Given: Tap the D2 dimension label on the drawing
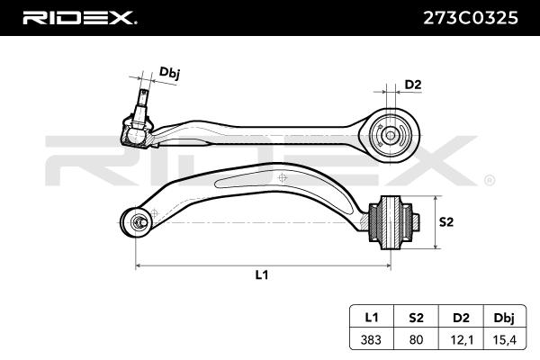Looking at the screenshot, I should (412, 85).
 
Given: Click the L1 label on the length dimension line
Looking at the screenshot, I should (262, 275).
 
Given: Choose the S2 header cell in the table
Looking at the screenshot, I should (417, 318).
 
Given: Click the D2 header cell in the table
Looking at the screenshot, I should (461, 318).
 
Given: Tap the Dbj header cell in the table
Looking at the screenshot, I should (505, 318).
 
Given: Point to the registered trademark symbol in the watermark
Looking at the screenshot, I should (490, 179).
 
